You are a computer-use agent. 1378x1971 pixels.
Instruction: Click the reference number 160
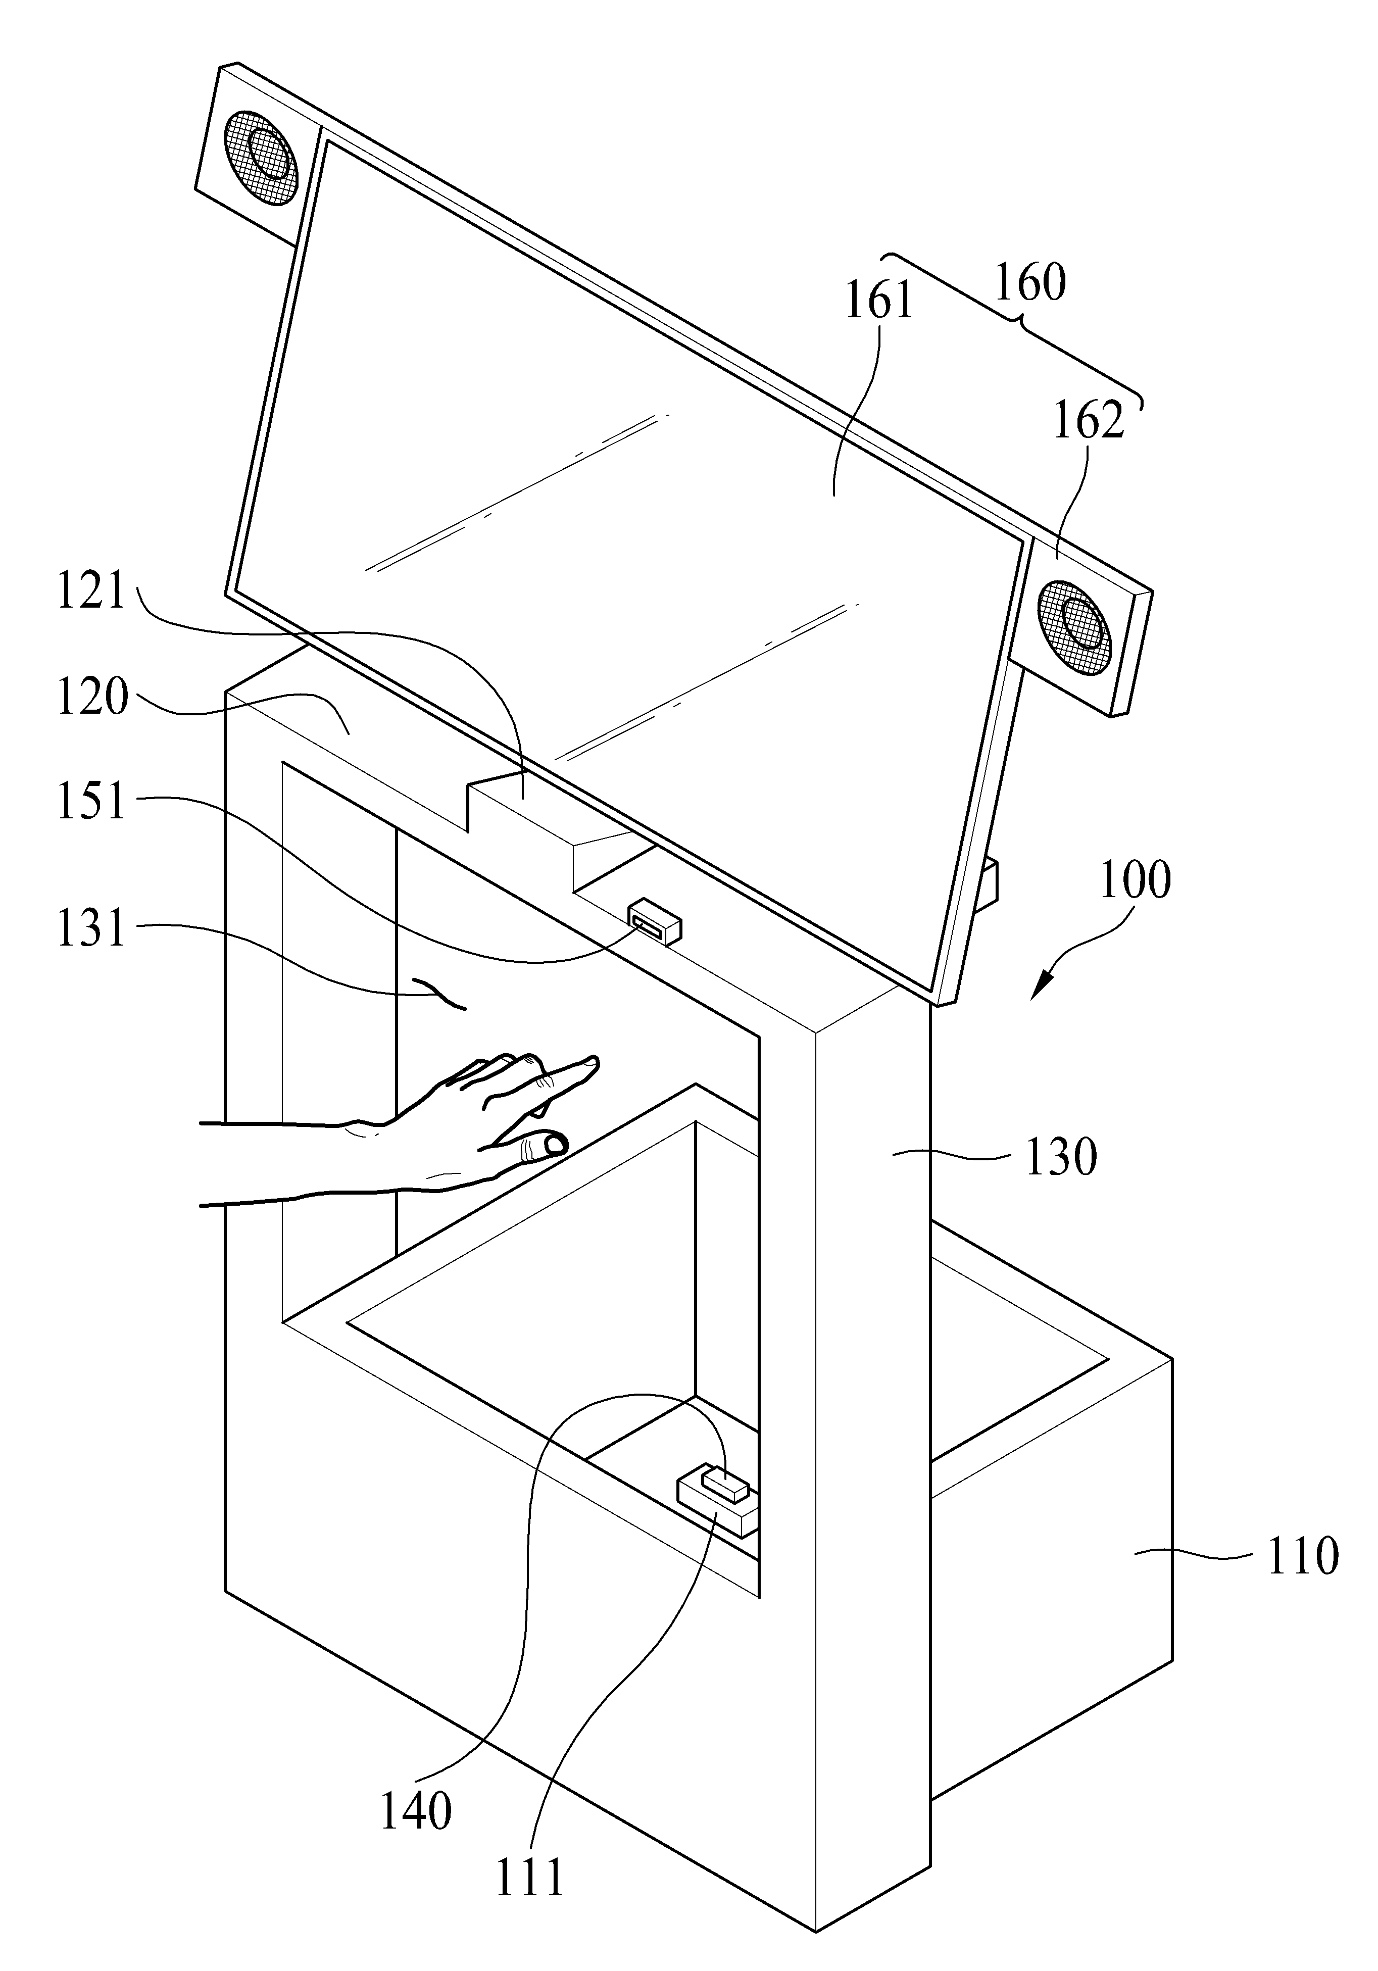[x=1030, y=283]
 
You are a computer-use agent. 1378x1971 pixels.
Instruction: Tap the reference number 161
[x=880, y=302]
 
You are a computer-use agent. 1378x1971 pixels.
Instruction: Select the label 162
[x=1089, y=421]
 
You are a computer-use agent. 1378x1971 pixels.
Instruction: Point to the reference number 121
[x=92, y=593]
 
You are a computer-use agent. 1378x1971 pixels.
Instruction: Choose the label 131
[x=92, y=929]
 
